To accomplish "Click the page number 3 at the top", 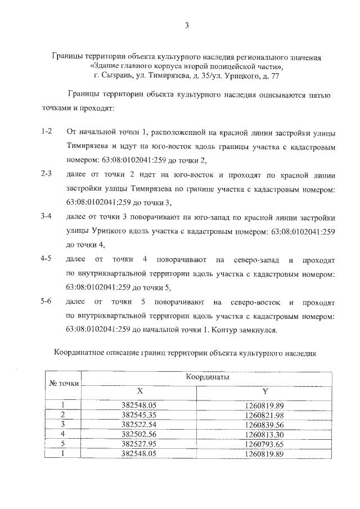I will click(185, 25).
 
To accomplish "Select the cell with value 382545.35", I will click(140, 415).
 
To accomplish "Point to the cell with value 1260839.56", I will click(265, 424).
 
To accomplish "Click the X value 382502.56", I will click(140, 434).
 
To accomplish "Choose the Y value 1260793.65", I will click(265, 444).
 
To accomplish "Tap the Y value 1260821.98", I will click(265, 415).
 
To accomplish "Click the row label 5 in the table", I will click(64, 444).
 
